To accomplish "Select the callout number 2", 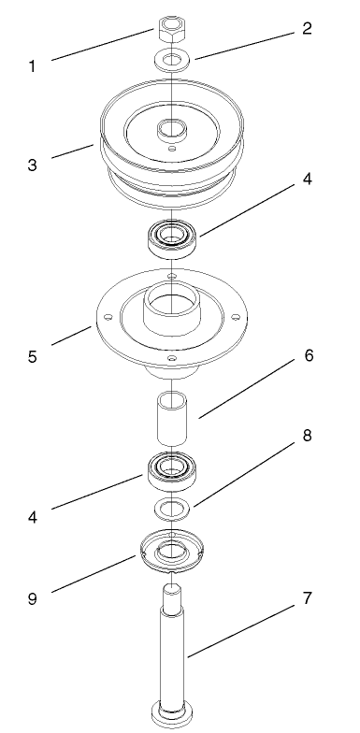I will (306, 28).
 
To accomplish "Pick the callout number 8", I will (306, 437).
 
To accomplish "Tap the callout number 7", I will (306, 599).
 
